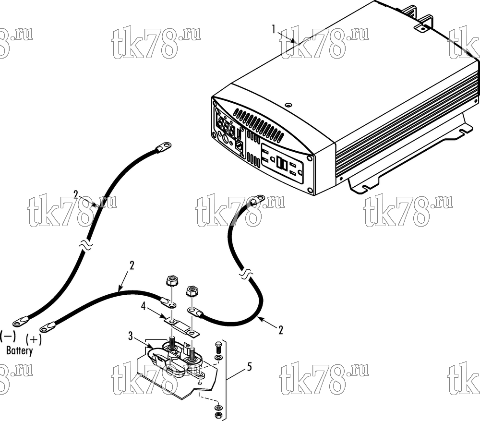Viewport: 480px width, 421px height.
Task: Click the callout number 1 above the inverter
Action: (x=274, y=29)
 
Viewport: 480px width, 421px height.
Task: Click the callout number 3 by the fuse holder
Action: (x=131, y=336)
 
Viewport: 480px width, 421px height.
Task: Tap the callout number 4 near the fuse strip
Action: (x=143, y=306)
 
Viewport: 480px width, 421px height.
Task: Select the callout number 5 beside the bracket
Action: (x=250, y=366)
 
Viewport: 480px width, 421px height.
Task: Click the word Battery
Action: (x=20, y=350)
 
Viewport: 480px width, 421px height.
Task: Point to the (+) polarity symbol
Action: (x=34, y=339)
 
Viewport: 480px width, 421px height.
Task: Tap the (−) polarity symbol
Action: (x=8, y=336)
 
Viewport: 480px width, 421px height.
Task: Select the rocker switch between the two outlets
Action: (x=281, y=162)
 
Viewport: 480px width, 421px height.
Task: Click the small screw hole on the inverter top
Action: (x=288, y=106)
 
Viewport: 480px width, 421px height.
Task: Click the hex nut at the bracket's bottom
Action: (x=218, y=415)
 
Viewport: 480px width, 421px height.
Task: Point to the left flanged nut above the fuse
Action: (x=171, y=281)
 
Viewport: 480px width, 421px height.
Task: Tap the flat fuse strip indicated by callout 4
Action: (x=182, y=327)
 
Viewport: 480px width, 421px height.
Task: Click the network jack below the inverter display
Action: (x=239, y=145)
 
